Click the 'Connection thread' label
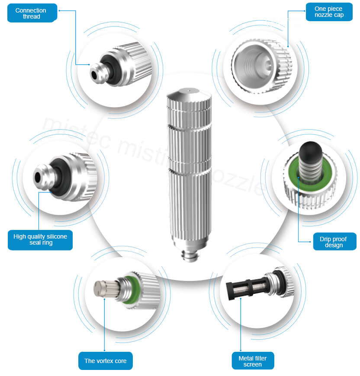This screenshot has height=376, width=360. pyautogui.click(x=31, y=13)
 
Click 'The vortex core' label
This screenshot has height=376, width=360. pyautogui.click(x=105, y=360)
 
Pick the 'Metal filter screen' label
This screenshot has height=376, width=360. pyautogui.click(x=253, y=361)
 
